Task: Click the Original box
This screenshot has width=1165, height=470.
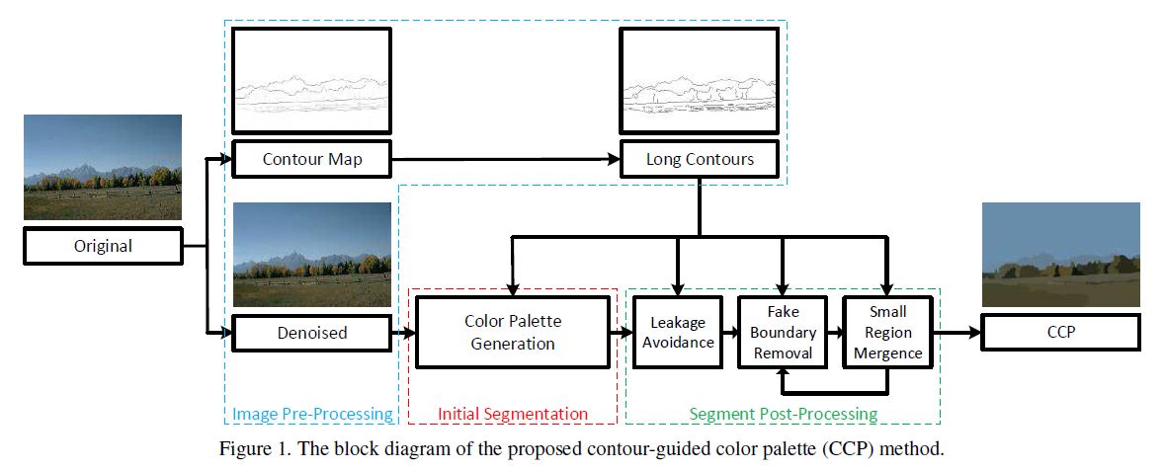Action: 104,247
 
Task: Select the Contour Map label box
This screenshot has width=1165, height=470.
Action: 310,159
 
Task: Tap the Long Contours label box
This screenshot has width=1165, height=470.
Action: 699,159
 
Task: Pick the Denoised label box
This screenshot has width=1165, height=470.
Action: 310,333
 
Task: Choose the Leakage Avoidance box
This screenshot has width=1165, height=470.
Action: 680,333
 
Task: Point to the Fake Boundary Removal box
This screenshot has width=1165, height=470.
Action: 781,333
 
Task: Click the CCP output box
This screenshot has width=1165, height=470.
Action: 1060,333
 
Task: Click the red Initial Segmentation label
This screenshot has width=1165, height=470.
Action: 512,414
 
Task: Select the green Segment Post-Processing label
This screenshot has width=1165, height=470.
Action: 783,414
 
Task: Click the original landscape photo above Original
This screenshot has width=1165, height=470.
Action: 103,166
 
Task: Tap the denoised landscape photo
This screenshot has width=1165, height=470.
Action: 310,254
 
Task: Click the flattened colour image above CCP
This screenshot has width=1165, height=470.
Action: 1060,254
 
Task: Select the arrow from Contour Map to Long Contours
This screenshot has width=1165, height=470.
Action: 504,159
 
